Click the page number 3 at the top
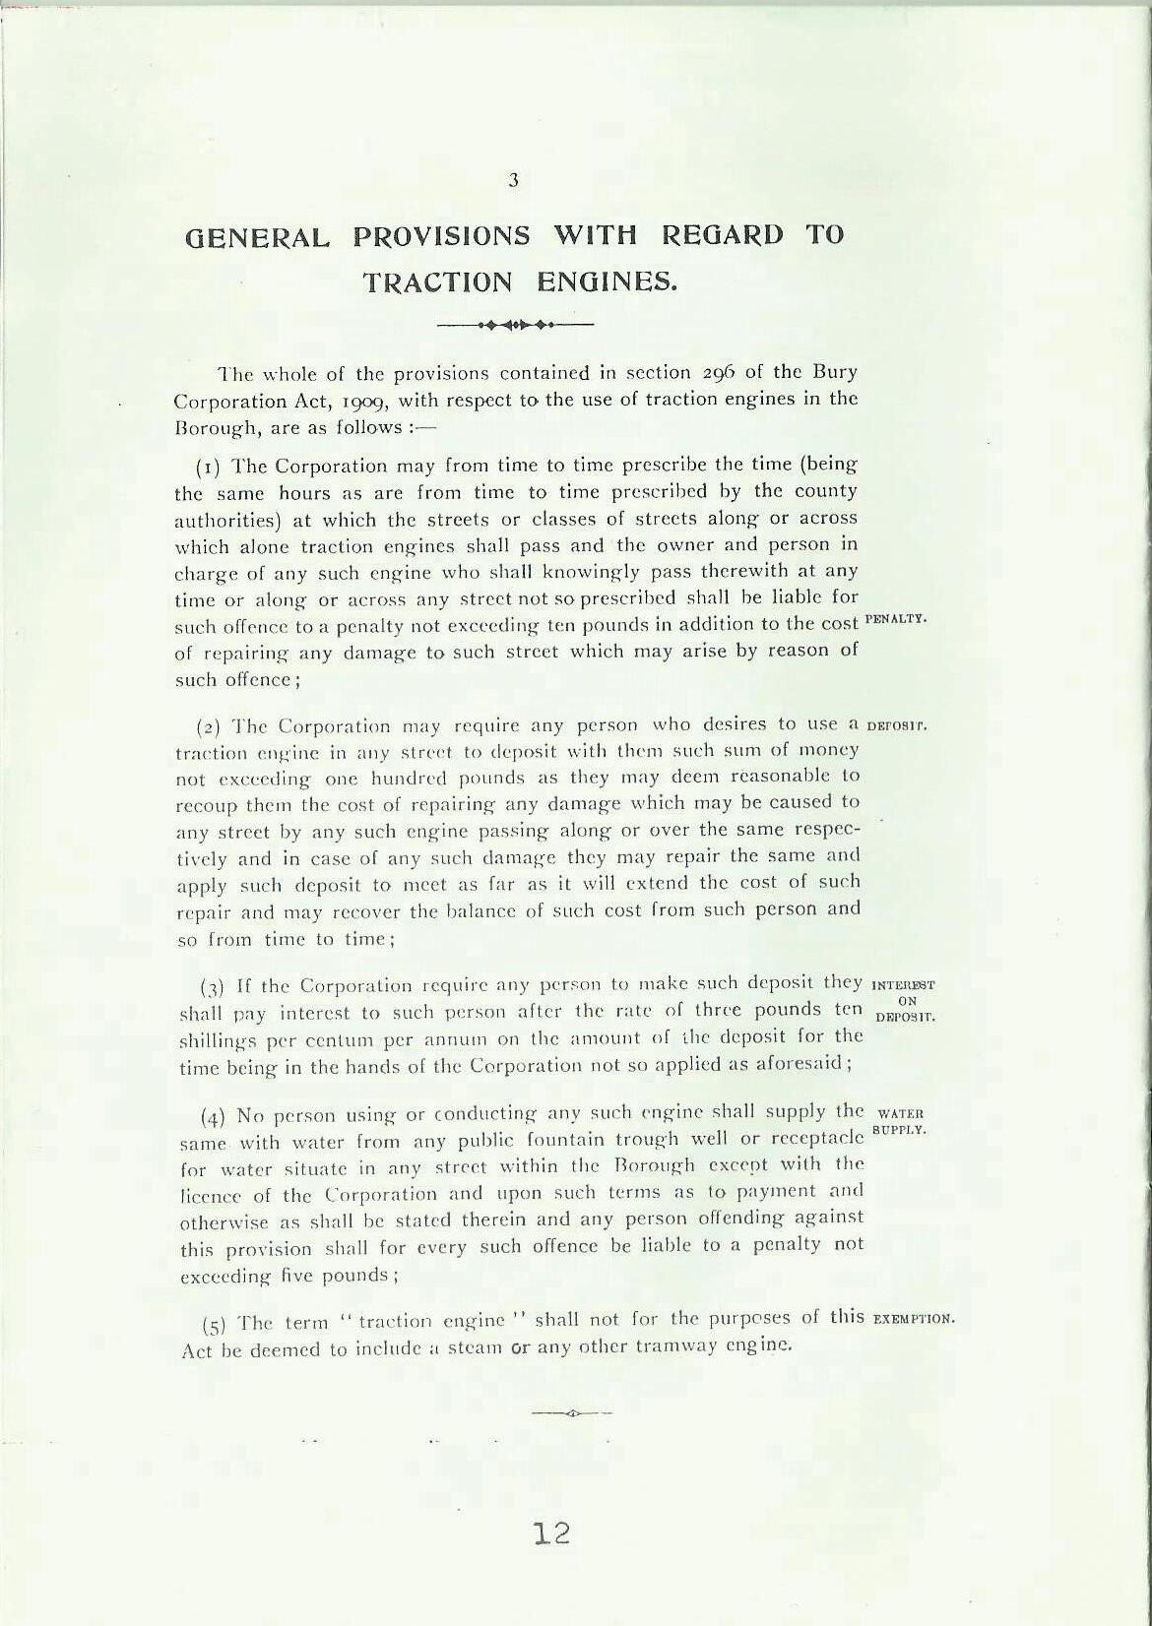pos(513,180)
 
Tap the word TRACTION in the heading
pos(438,283)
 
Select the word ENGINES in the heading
pos(607,283)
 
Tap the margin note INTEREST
pos(904,983)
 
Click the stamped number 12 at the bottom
pos(550,1533)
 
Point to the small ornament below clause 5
pos(571,1413)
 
